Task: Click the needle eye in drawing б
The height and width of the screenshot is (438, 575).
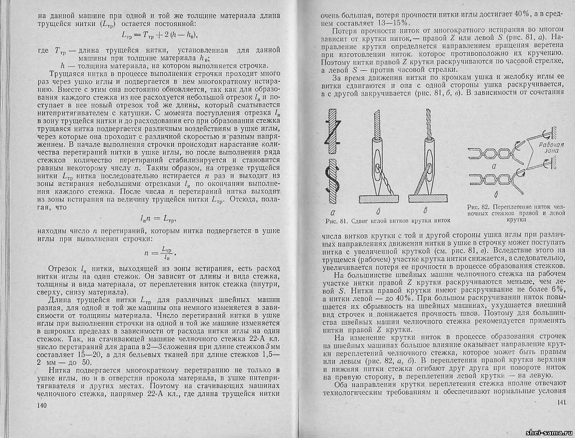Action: [378, 167]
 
